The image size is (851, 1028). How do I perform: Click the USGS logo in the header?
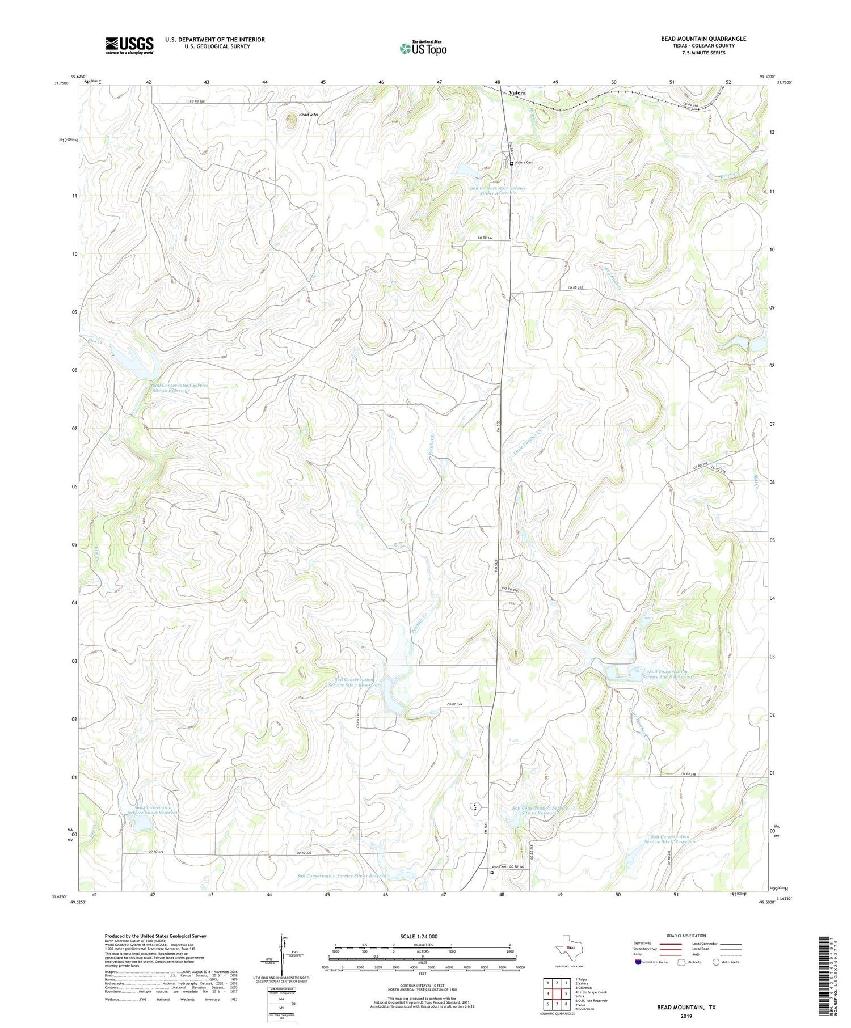(129, 45)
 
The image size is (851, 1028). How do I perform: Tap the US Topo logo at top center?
(423, 48)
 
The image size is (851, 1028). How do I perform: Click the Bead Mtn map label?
(309, 115)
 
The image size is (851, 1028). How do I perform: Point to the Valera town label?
(517, 92)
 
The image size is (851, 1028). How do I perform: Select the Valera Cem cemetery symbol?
(512, 163)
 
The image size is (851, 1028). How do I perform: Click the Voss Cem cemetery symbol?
(492, 873)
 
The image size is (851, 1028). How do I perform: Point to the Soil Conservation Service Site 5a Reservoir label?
(180, 388)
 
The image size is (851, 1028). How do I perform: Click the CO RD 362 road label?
(576, 289)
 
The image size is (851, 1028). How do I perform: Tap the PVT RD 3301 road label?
(510, 590)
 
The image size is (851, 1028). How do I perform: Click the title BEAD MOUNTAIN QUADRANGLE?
(703, 39)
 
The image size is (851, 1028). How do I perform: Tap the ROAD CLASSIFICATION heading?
(686, 936)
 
